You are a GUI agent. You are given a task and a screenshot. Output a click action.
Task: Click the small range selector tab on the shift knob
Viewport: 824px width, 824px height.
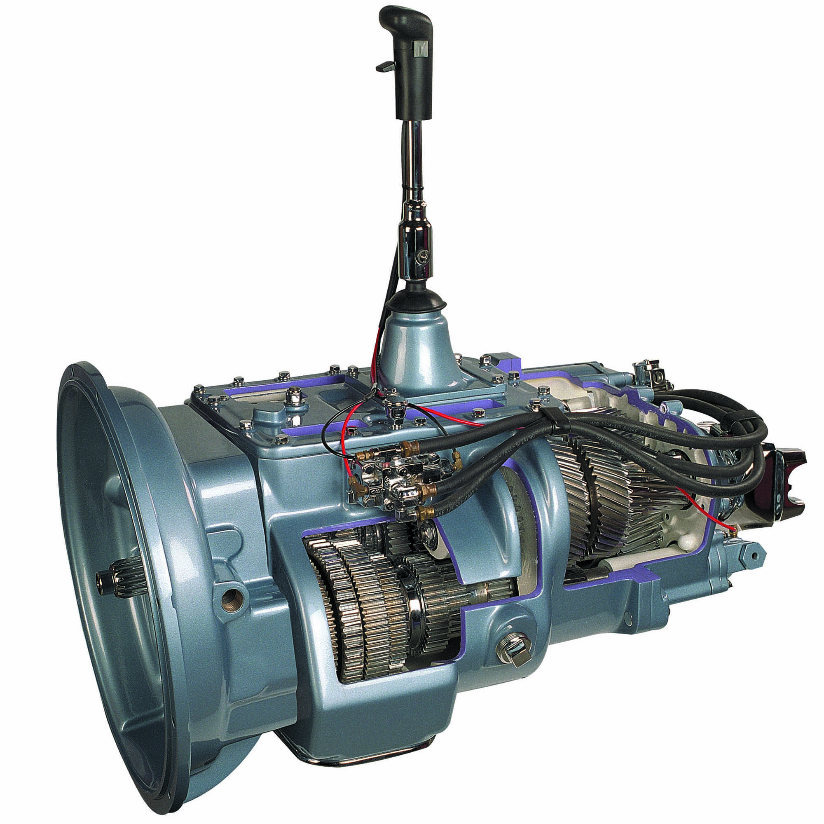tap(384, 66)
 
